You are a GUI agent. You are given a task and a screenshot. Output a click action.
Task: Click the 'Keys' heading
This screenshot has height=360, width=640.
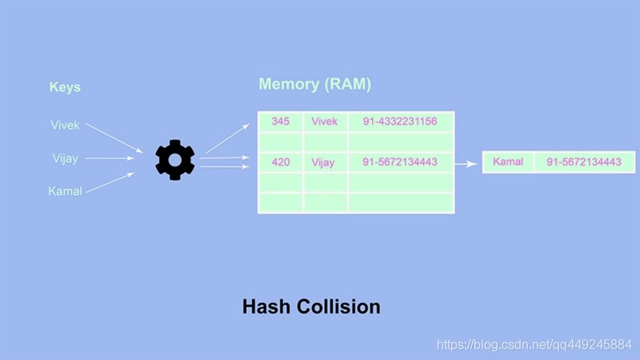point(65,87)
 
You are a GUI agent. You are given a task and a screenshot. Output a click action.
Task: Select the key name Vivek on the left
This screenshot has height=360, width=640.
point(65,125)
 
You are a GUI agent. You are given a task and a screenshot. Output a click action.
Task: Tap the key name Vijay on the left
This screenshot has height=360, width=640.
point(65,158)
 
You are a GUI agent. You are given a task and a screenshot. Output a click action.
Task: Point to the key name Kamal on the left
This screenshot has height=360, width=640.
point(65,191)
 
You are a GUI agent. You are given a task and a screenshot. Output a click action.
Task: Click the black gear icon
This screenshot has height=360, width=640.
point(174,160)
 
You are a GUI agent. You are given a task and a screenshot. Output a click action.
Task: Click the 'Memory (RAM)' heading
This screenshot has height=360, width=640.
point(314,84)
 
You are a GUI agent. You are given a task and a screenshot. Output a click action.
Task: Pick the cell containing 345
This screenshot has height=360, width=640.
point(281,122)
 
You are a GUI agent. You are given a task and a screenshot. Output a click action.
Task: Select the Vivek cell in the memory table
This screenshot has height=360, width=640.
point(325,122)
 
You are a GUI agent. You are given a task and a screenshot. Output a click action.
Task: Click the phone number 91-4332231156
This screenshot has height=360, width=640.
point(400,122)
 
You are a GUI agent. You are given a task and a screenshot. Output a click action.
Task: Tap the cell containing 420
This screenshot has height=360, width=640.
point(281,162)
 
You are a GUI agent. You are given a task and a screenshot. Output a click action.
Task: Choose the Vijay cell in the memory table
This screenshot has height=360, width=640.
point(325,162)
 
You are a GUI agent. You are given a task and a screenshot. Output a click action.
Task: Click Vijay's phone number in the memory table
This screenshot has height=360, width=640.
point(400,162)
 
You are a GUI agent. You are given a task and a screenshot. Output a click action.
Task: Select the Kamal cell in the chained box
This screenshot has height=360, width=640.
point(508,162)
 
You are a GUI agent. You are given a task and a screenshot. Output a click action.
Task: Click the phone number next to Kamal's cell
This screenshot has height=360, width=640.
point(584,162)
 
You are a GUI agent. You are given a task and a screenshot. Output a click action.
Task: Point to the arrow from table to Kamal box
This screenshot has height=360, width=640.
point(466,164)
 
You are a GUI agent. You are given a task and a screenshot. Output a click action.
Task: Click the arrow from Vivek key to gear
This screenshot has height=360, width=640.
point(114,138)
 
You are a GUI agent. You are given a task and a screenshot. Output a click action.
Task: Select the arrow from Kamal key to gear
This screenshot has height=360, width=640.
point(110,182)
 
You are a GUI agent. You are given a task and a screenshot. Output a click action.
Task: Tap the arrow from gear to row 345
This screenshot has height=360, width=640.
point(228,138)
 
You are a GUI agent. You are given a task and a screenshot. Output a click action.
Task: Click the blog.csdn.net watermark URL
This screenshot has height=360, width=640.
point(534,345)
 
